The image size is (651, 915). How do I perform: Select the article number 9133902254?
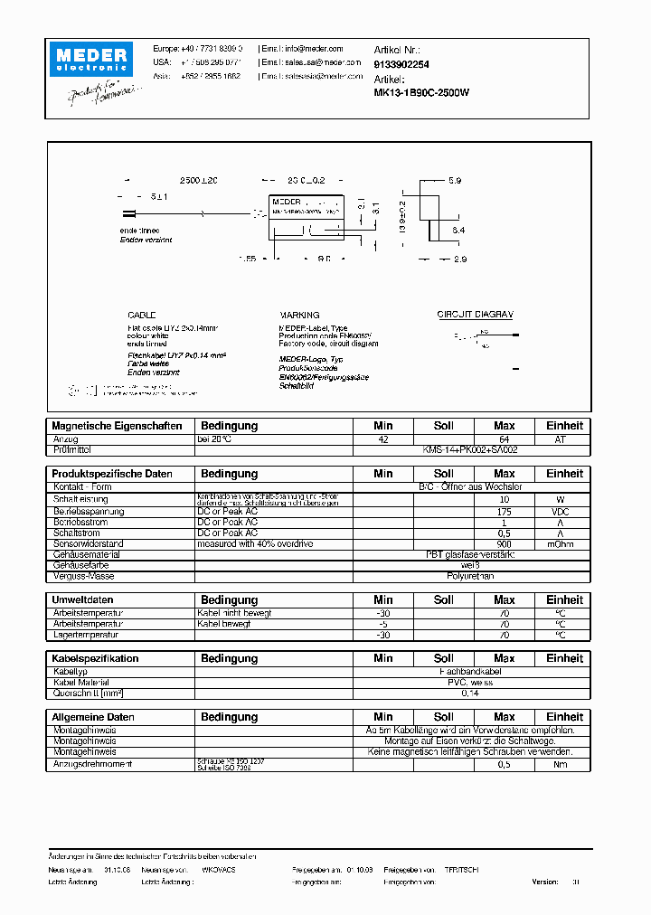401,64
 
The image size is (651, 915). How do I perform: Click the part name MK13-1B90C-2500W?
421,92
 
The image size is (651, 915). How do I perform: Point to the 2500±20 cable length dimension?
199,182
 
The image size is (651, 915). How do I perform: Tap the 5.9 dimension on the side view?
455,181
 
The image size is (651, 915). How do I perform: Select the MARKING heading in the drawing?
299,315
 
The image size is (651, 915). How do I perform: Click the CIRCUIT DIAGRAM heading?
476,315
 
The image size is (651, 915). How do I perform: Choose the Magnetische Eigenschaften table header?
118,426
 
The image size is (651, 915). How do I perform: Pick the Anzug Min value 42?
383,439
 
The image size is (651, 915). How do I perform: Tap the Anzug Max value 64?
505,439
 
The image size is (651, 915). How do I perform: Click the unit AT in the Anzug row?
564,439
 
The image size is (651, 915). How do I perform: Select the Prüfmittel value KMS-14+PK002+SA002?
470,449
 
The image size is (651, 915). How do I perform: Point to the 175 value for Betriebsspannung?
505,512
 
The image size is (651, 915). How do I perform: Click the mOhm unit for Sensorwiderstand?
564,544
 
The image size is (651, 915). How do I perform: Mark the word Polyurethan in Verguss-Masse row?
470,576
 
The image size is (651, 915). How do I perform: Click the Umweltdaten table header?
82,600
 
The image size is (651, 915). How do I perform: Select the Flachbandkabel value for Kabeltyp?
470,672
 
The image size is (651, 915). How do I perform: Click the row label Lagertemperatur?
89,635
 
